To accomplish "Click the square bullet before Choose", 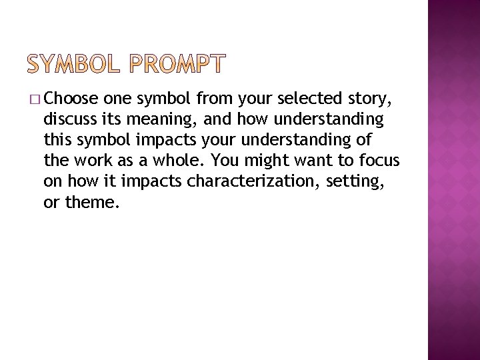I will tap(35, 101).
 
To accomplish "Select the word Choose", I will tap(70, 100).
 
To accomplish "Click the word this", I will tap(57, 140).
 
